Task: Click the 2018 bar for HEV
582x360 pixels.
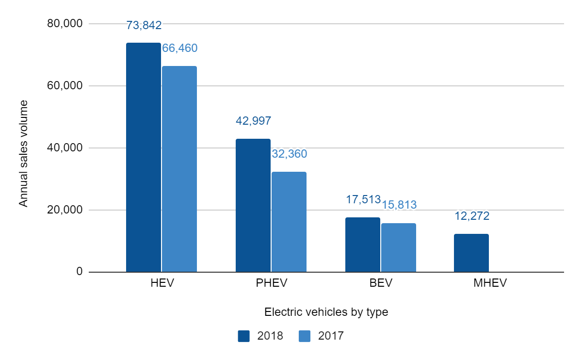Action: click(144, 157)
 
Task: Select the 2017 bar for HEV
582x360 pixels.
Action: click(179, 169)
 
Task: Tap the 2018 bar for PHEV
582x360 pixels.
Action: click(253, 205)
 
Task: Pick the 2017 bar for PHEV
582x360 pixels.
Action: click(289, 222)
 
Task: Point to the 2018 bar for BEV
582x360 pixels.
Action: click(363, 245)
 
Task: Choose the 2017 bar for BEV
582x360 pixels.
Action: click(399, 247)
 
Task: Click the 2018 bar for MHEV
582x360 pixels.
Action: click(471, 253)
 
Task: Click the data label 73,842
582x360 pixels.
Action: click(144, 25)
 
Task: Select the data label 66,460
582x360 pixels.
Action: click(179, 48)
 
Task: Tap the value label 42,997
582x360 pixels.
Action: click(253, 121)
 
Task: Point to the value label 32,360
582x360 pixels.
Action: click(289, 154)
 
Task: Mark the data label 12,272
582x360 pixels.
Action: click(471, 216)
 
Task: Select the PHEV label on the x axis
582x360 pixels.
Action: click(272, 283)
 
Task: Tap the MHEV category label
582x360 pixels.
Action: click(490, 283)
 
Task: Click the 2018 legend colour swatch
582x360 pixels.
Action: click(243, 336)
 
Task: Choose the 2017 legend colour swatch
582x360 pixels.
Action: click(305, 336)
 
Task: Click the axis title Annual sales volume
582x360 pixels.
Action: click(23, 153)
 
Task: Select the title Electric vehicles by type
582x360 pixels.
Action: click(326, 312)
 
